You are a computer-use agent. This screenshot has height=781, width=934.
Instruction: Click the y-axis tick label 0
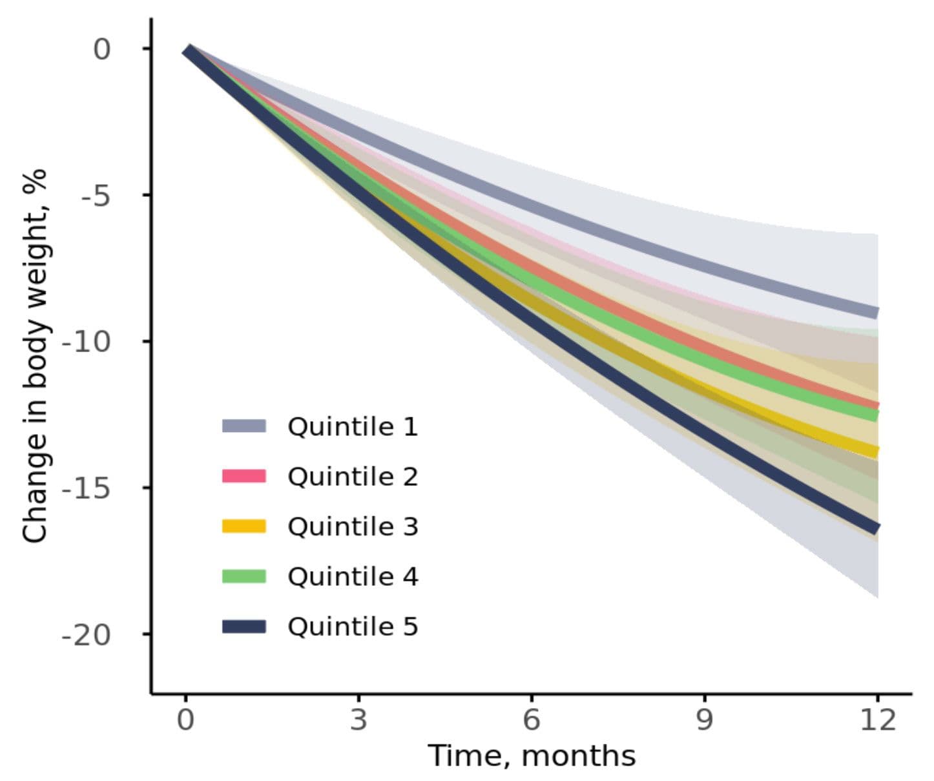[x=102, y=49]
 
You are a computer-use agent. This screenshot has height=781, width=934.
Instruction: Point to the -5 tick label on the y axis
[x=96, y=195]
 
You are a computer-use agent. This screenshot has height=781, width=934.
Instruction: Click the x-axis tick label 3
[x=358, y=719]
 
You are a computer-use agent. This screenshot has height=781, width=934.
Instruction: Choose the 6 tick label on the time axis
[x=531, y=719]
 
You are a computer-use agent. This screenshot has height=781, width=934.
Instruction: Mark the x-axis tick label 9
[x=704, y=719]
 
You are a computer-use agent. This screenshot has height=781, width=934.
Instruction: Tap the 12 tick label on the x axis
[x=877, y=719]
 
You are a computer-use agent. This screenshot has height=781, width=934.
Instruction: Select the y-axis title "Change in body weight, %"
[x=35, y=355]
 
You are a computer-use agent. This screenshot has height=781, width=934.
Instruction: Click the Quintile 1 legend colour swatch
[x=244, y=426]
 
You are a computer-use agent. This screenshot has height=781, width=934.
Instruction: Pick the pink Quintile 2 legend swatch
[x=244, y=476]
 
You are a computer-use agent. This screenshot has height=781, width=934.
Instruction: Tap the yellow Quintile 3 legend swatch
[x=244, y=526]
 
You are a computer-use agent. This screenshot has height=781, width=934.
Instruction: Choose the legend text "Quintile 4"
[x=353, y=576]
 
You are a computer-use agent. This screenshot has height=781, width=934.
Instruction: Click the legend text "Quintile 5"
[x=353, y=627]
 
